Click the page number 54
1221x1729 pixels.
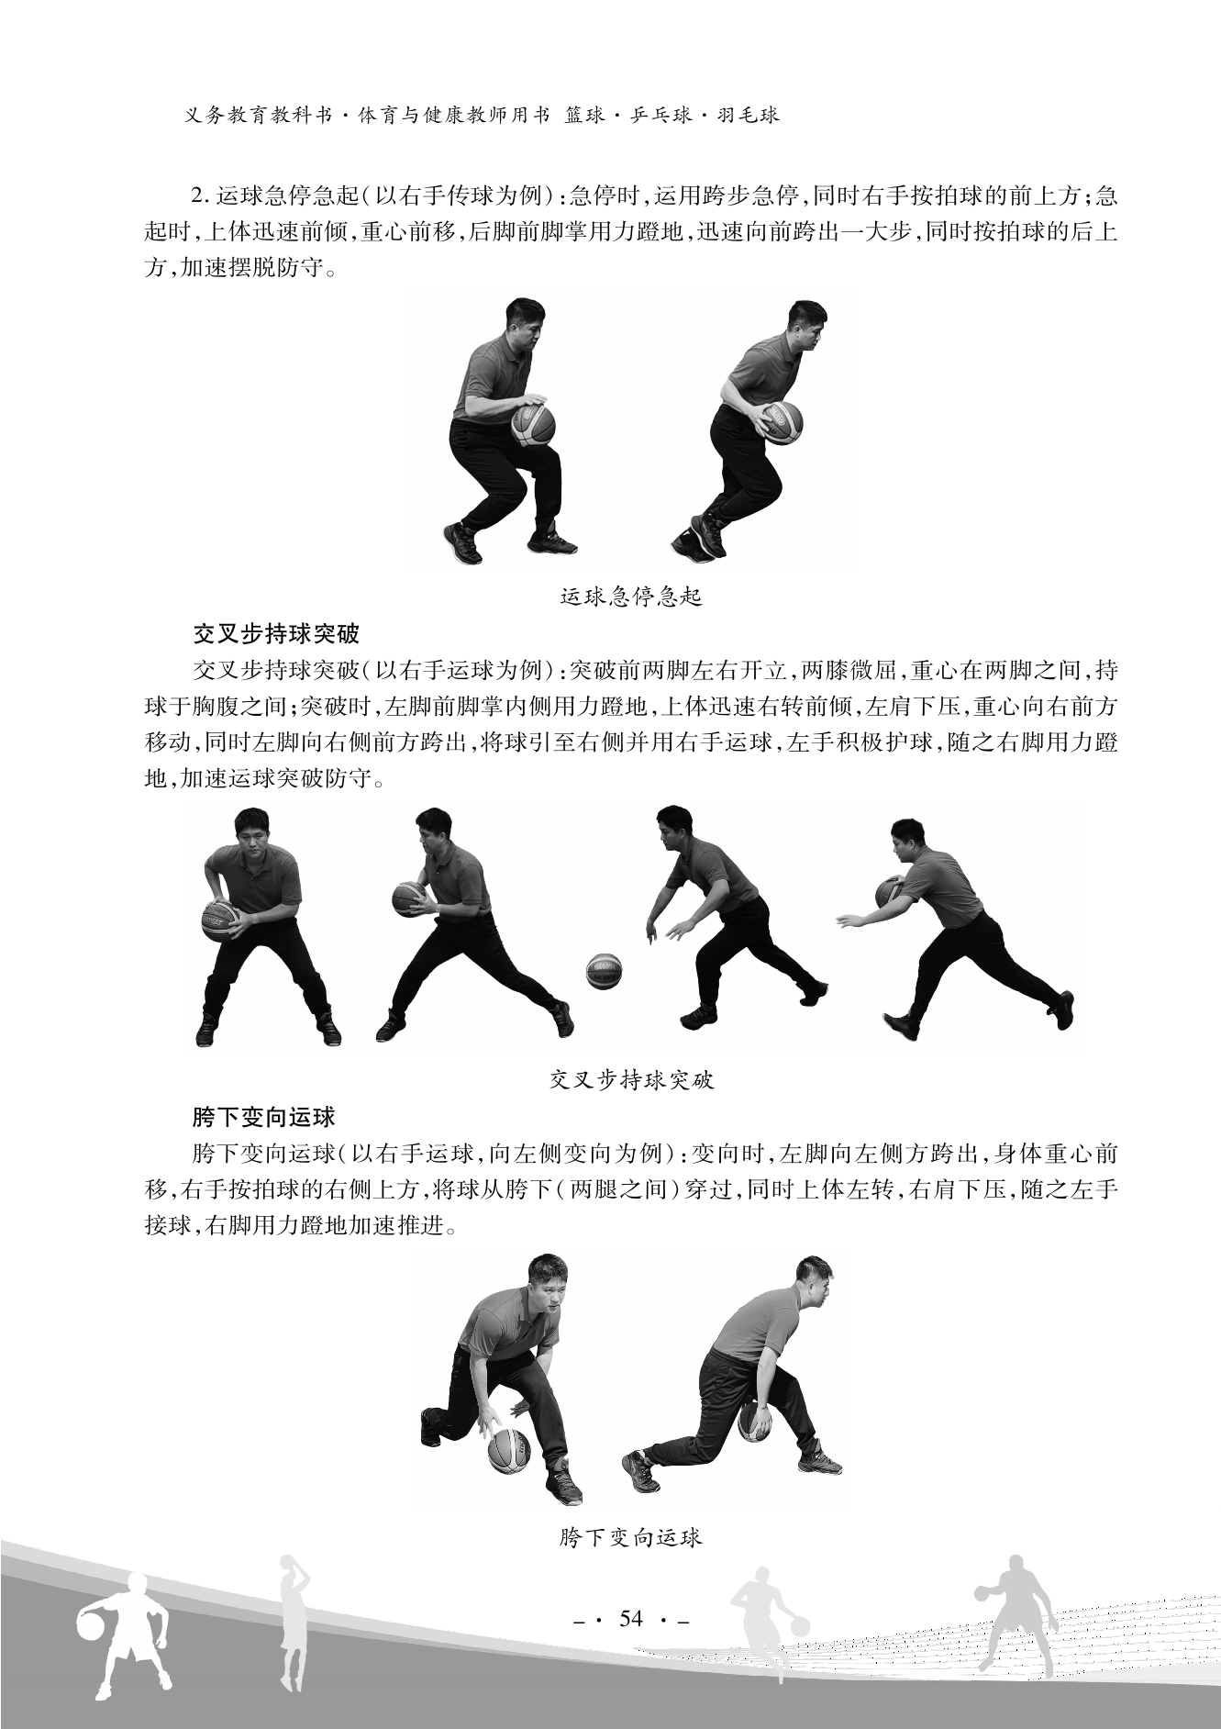[x=631, y=1618]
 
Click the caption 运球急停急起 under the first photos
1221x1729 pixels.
[x=630, y=597]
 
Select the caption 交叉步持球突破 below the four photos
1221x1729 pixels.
[x=631, y=1080]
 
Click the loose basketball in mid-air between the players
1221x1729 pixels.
[x=605, y=971]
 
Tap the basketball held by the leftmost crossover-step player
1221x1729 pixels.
[x=220, y=921]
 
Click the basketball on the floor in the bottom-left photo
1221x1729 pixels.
[x=509, y=1451]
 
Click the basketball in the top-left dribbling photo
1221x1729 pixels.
[x=533, y=423]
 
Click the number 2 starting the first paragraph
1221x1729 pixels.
[x=194, y=196]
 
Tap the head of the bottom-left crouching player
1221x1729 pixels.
[x=546, y=1283]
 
